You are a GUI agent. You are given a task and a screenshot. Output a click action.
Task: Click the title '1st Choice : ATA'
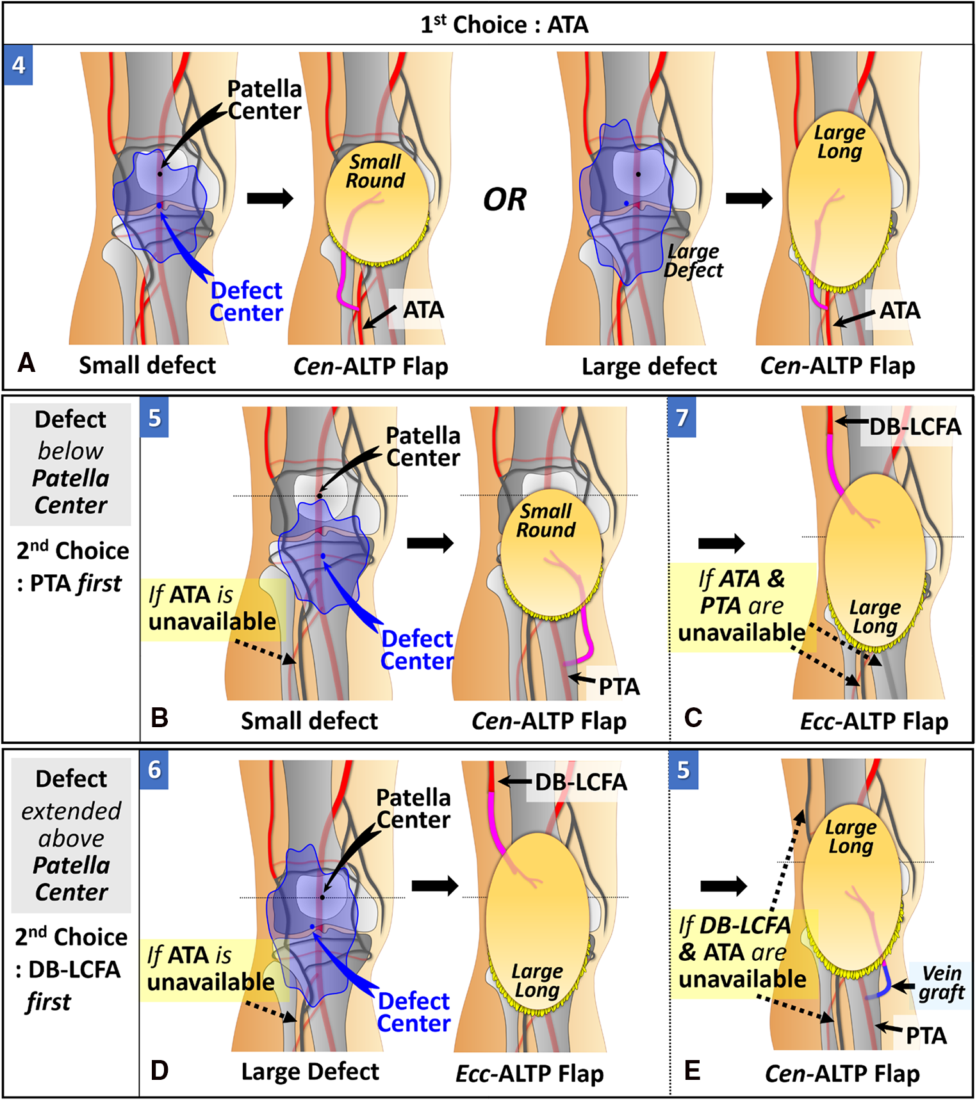pos(504,25)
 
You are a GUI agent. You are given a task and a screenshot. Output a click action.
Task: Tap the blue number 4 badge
pos(18,65)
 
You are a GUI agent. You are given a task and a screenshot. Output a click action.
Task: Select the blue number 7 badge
pos(682,418)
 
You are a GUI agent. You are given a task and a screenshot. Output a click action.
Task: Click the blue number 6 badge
pos(154,769)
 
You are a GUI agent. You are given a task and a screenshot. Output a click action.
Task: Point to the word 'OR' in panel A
pos(504,200)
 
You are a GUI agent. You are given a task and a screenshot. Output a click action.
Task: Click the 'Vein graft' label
pos(940,983)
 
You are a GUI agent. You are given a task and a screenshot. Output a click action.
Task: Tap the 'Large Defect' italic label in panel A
pos(693,261)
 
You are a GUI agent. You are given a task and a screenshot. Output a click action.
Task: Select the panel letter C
pos(693,718)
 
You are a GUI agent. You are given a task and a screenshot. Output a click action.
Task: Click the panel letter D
pos(159,1070)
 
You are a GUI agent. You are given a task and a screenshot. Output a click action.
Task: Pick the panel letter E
pos(693,1071)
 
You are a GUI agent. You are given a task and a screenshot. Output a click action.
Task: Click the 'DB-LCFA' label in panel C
pos(914,427)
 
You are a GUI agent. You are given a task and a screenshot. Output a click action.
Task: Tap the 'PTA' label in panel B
pos(619,686)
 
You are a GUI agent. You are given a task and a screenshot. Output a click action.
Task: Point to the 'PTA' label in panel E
pos(926,1035)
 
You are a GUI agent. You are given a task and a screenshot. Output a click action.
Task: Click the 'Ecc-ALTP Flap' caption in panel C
pos(874,721)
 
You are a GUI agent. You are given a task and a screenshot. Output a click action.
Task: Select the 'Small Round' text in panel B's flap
pos(546,520)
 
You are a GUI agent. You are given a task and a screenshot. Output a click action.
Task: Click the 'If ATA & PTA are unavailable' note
pos(742,606)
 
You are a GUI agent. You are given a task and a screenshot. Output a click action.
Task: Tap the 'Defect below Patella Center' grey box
pos(70,462)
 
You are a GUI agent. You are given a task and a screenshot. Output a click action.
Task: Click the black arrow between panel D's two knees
pos(435,886)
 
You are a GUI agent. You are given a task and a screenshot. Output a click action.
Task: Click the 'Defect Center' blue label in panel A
pos(246,301)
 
